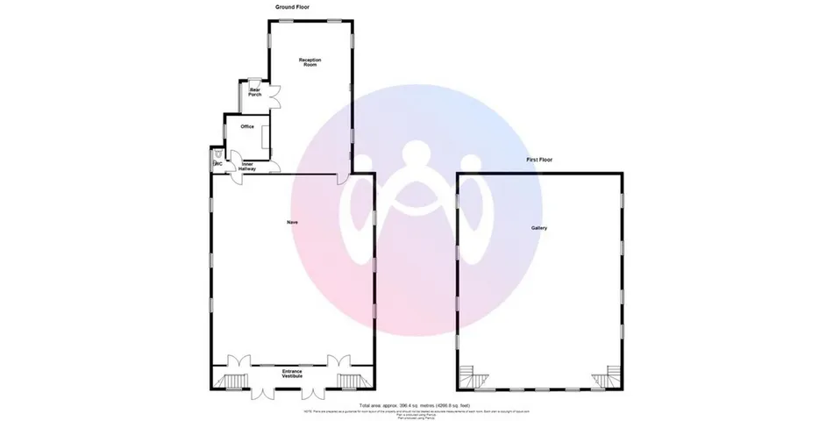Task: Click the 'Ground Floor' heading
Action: (292, 7)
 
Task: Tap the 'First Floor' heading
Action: (539, 160)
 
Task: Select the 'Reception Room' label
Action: (310, 61)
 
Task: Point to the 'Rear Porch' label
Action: (255, 92)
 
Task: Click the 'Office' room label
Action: (247, 127)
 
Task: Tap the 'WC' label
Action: (217, 163)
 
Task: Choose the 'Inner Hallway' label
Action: (247, 167)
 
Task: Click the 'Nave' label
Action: (292, 223)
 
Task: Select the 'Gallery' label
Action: (539, 228)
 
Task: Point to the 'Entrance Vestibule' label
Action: (292, 374)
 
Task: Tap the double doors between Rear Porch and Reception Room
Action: (274, 96)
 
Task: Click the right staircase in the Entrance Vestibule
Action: (351, 380)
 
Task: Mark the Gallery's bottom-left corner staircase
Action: (478, 378)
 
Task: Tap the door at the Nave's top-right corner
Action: (344, 180)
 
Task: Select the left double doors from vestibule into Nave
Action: (238, 360)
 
